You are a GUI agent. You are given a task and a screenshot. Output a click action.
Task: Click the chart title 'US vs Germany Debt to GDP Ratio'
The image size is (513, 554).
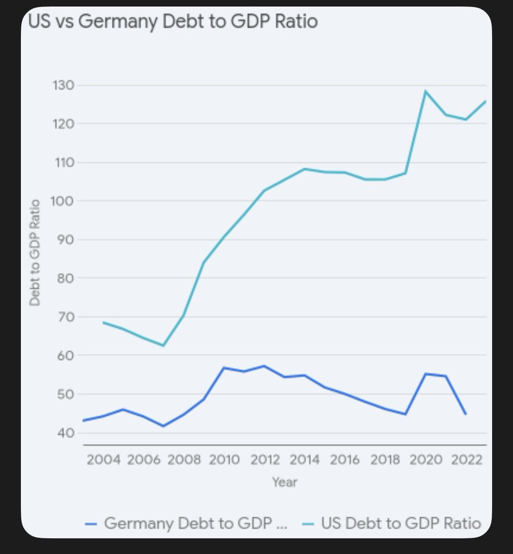tap(173, 22)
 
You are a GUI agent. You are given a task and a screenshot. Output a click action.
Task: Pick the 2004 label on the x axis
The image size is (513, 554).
tap(103, 460)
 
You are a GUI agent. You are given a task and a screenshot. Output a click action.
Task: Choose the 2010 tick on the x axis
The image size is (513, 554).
tap(224, 460)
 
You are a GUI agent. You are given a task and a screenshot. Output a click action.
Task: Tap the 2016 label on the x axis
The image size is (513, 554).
tap(345, 460)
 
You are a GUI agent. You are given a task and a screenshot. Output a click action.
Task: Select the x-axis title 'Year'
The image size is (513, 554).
tap(284, 482)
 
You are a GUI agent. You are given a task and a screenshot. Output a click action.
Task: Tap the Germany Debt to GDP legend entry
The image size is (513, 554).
tap(187, 523)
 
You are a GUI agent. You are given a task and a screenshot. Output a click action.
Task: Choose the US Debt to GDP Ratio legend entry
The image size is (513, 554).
tap(393, 523)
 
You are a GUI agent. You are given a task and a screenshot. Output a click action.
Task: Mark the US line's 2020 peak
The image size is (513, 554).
tap(425, 91)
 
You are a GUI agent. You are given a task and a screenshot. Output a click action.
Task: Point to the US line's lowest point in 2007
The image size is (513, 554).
tap(163, 346)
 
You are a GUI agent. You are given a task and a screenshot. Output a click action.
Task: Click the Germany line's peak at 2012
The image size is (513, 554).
tap(264, 366)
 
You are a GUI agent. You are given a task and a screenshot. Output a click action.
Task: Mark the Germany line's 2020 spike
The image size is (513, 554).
tap(425, 374)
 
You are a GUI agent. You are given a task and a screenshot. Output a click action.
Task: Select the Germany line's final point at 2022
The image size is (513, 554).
tap(465, 414)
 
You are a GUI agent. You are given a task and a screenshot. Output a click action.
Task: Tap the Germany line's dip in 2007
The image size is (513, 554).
tap(163, 426)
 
